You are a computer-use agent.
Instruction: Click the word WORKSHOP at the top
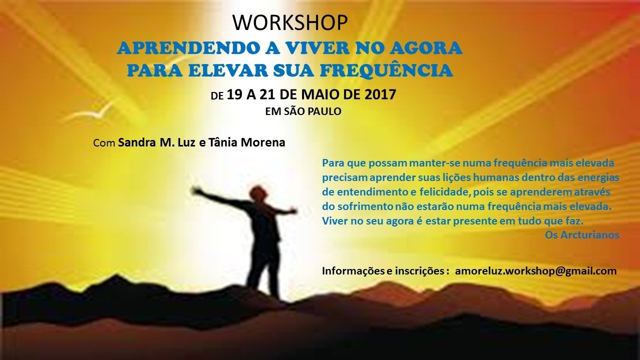coord(290,22)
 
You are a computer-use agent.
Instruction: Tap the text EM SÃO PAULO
coord(303,111)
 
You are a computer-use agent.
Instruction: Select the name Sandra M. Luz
coord(157,142)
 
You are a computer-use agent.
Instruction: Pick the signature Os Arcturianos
coord(582,235)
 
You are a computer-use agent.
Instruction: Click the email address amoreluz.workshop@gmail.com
coord(535,271)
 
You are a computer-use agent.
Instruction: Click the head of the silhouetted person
coord(257,193)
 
